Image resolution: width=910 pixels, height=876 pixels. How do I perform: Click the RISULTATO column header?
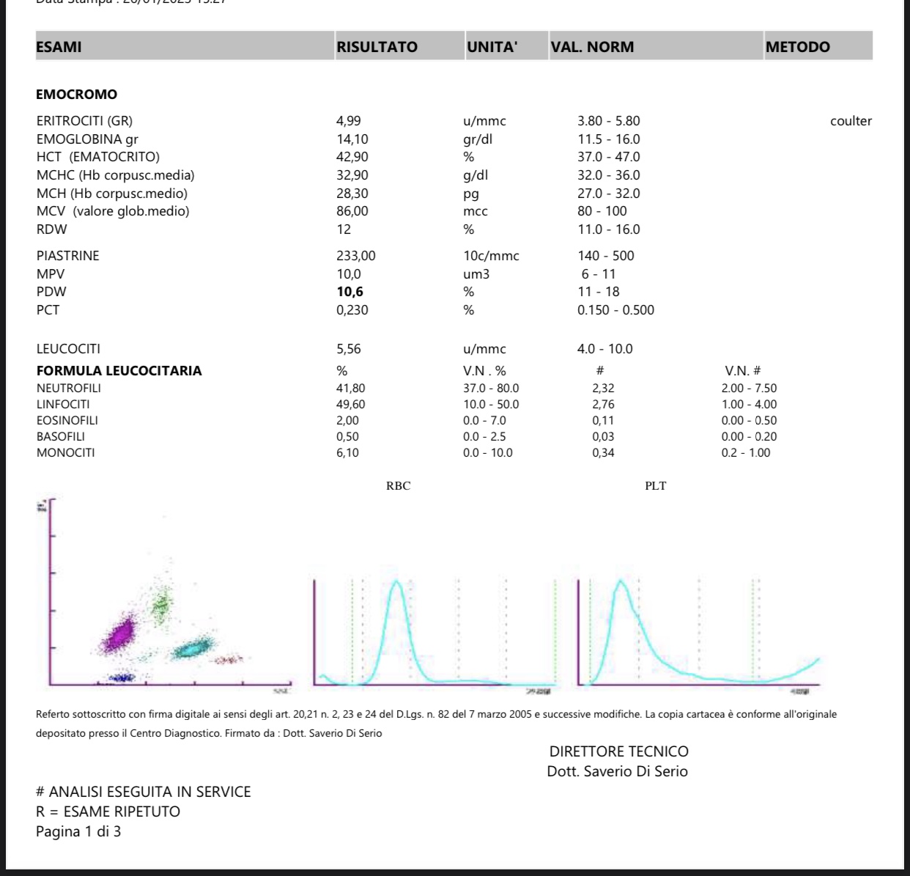coord(377,47)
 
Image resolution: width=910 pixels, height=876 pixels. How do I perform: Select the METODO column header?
coord(797,47)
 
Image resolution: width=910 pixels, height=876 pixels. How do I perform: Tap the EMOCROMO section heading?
coord(76,95)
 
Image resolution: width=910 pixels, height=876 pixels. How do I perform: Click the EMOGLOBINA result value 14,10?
coord(352,139)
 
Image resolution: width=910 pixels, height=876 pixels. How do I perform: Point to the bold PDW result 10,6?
coord(349,292)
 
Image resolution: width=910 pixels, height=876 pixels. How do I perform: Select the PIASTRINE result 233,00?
coord(355,256)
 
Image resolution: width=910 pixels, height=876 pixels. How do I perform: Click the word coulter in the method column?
coord(851,122)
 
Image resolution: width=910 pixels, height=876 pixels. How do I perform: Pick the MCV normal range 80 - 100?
coord(602,211)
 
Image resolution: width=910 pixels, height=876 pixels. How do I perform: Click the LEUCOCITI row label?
coord(68,349)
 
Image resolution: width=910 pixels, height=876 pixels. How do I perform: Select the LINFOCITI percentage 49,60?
coord(350,405)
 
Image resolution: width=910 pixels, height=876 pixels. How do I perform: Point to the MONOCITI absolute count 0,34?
coord(603,453)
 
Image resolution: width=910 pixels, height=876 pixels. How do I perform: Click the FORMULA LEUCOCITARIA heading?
coord(119,371)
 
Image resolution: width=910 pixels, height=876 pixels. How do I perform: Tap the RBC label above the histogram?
coord(398,486)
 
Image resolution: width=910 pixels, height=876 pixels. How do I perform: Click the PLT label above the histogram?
coord(655,486)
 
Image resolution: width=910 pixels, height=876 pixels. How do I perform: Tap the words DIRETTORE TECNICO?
coord(618,751)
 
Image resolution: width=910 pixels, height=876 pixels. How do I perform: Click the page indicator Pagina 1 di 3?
coord(78,831)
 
